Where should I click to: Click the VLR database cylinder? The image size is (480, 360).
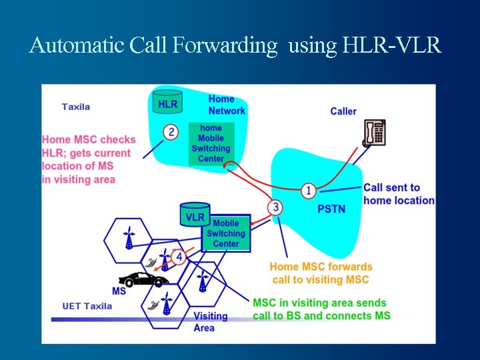click(x=195, y=215)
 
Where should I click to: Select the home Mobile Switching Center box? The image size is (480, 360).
click(x=211, y=143)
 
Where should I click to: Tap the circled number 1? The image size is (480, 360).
click(x=308, y=191)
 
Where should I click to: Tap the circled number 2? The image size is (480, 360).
click(x=171, y=132)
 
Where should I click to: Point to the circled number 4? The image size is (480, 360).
click(x=178, y=257)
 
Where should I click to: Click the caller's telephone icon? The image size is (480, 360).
click(x=374, y=133)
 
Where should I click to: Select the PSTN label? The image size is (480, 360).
click(x=331, y=209)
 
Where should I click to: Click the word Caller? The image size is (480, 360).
click(x=343, y=111)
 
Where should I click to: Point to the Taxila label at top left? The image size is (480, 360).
click(x=75, y=107)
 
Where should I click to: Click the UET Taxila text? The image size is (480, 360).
click(x=87, y=306)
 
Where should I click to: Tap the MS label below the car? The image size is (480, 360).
click(x=119, y=291)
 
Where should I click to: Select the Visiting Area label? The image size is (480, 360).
click(x=210, y=321)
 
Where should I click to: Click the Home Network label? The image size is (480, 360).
click(x=227, y=105)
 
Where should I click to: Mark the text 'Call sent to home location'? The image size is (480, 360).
click(x=398, y=194)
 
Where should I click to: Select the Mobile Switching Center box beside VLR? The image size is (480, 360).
click(x=226, y=233)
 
